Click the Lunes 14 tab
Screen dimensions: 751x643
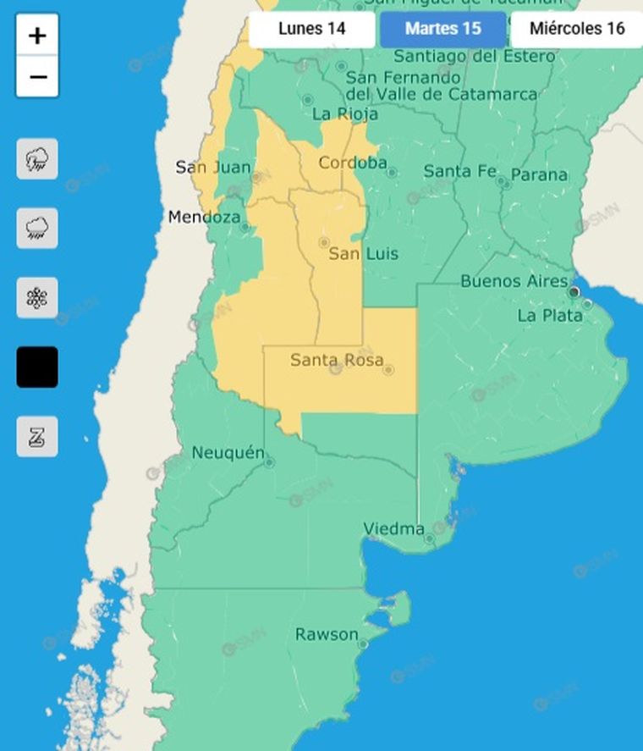tap(312, 29)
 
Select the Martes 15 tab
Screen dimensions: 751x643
tap(442, 29)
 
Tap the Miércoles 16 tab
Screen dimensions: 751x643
tap(577, 29)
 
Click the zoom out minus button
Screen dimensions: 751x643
tap(37, 77)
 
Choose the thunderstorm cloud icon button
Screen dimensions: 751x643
tap(37, 159)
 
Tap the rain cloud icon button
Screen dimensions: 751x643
tap(37, 228)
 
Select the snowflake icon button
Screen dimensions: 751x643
tap(37, 298)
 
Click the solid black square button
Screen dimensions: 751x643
tap(37, 367)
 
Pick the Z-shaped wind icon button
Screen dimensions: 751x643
tap(37, 437)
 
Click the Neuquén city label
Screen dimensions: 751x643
tap(228, 453)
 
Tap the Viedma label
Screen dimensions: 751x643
tap(393, 529)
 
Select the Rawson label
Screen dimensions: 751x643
tap(327, 634)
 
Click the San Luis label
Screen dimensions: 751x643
tap(363, 254)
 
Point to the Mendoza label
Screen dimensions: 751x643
tap(204, 218)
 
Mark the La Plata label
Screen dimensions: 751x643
tap(550, 316)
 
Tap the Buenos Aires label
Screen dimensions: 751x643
tap(514, 281)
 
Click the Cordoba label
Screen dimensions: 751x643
tap(352, 163)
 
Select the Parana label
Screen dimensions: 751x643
tap(539, 175)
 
